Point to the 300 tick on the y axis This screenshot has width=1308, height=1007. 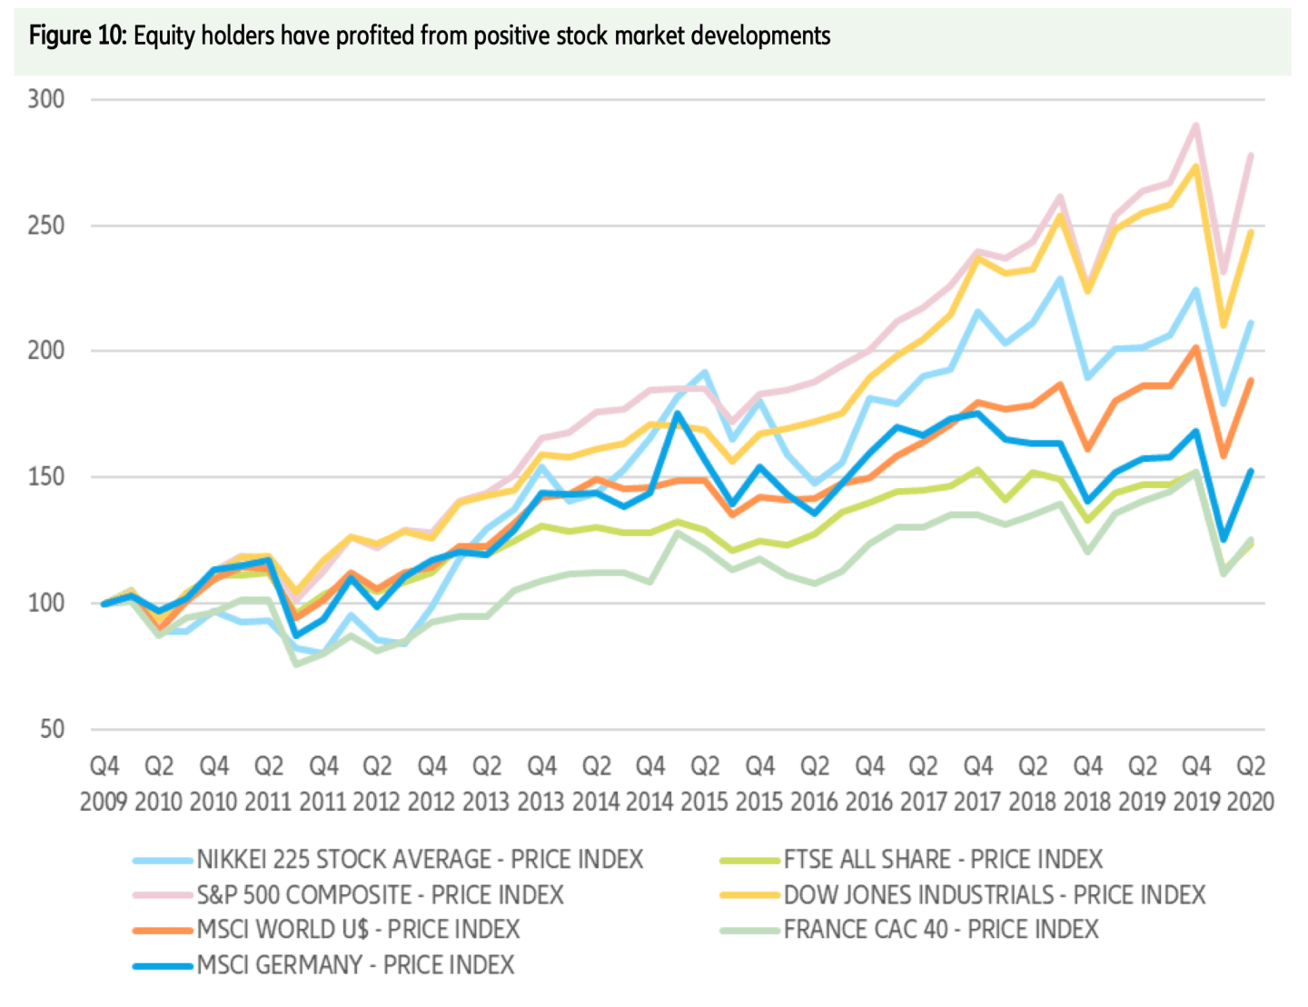[x=46, y=99]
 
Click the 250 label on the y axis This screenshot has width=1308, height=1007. [x=46, y=225]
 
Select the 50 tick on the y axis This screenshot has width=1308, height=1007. [x=53, y=729]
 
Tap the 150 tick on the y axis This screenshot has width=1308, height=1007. [x=46, y=477]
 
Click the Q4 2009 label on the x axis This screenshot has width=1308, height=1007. [x=104, y=783]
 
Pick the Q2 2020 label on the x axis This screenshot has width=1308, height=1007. [x=1251, y=783]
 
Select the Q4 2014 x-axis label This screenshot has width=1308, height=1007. [x=650, y=783]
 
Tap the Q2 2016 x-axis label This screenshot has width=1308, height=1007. [x=814, y=783]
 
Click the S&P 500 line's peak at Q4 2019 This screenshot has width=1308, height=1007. [x=1196, y=125]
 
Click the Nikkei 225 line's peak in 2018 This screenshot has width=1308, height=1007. [x=1059, y=279]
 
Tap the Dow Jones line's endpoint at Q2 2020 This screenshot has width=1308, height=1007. [x=1251, y=232]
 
